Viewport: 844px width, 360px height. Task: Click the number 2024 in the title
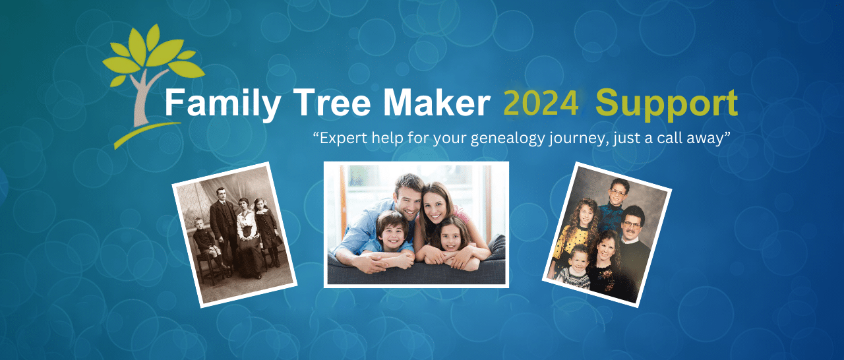click(541, 104)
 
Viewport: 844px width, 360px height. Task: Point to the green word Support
click(666, 105)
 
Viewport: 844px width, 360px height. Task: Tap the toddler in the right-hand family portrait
click(578, 260)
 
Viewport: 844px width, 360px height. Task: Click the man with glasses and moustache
click(631, 224)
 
